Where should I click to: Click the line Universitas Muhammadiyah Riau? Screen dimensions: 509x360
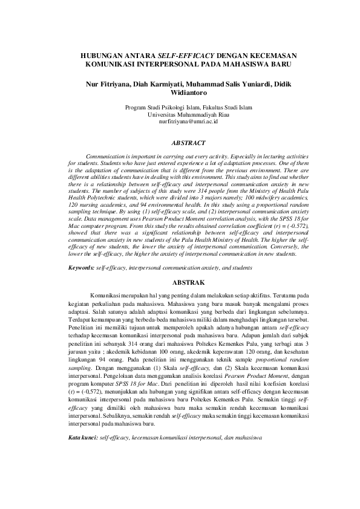click(180, 115)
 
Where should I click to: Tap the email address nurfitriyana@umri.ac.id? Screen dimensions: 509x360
click(180, 122)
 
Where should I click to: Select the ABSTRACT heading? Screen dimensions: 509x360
click(180, 143)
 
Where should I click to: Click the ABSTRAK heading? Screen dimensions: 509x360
click(180, 282)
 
